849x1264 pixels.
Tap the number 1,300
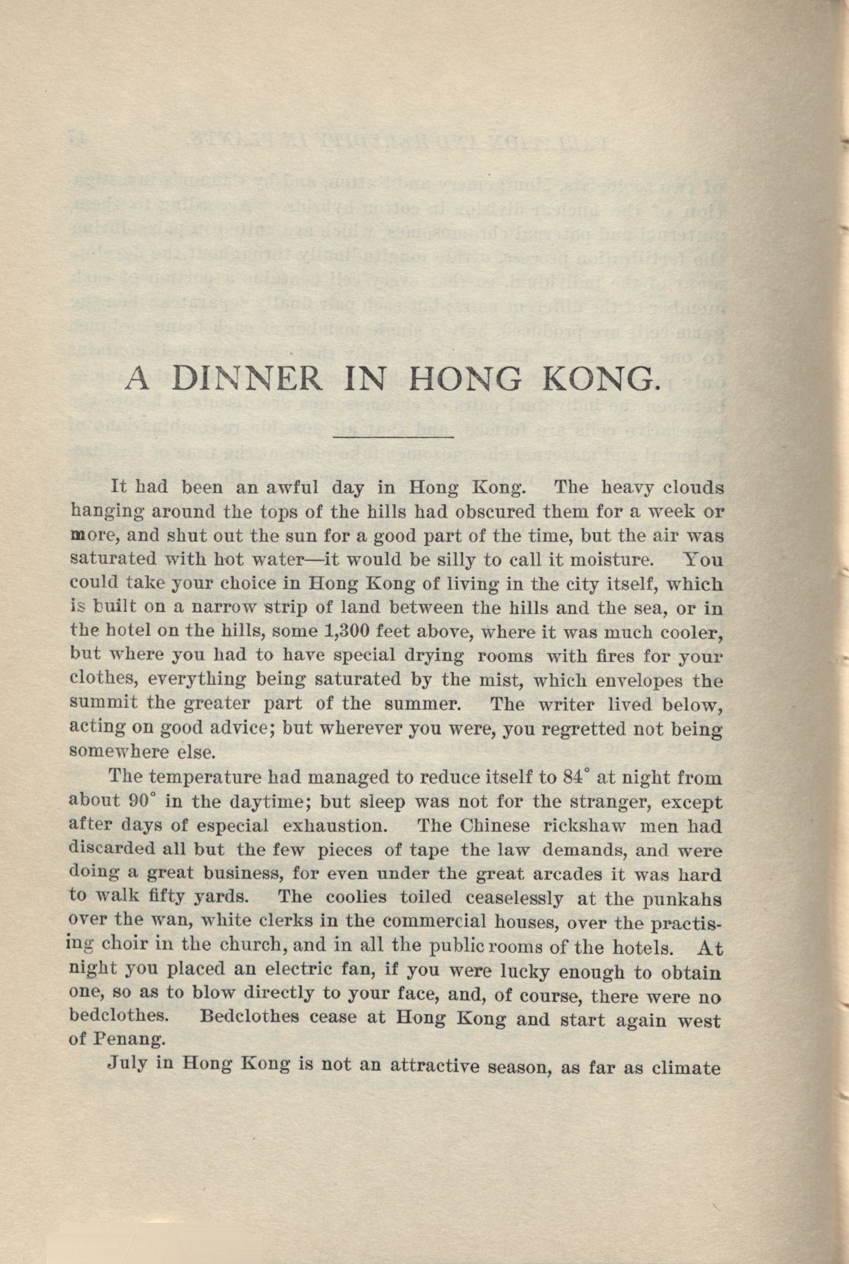pyautogui.click(x=348, y=631)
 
